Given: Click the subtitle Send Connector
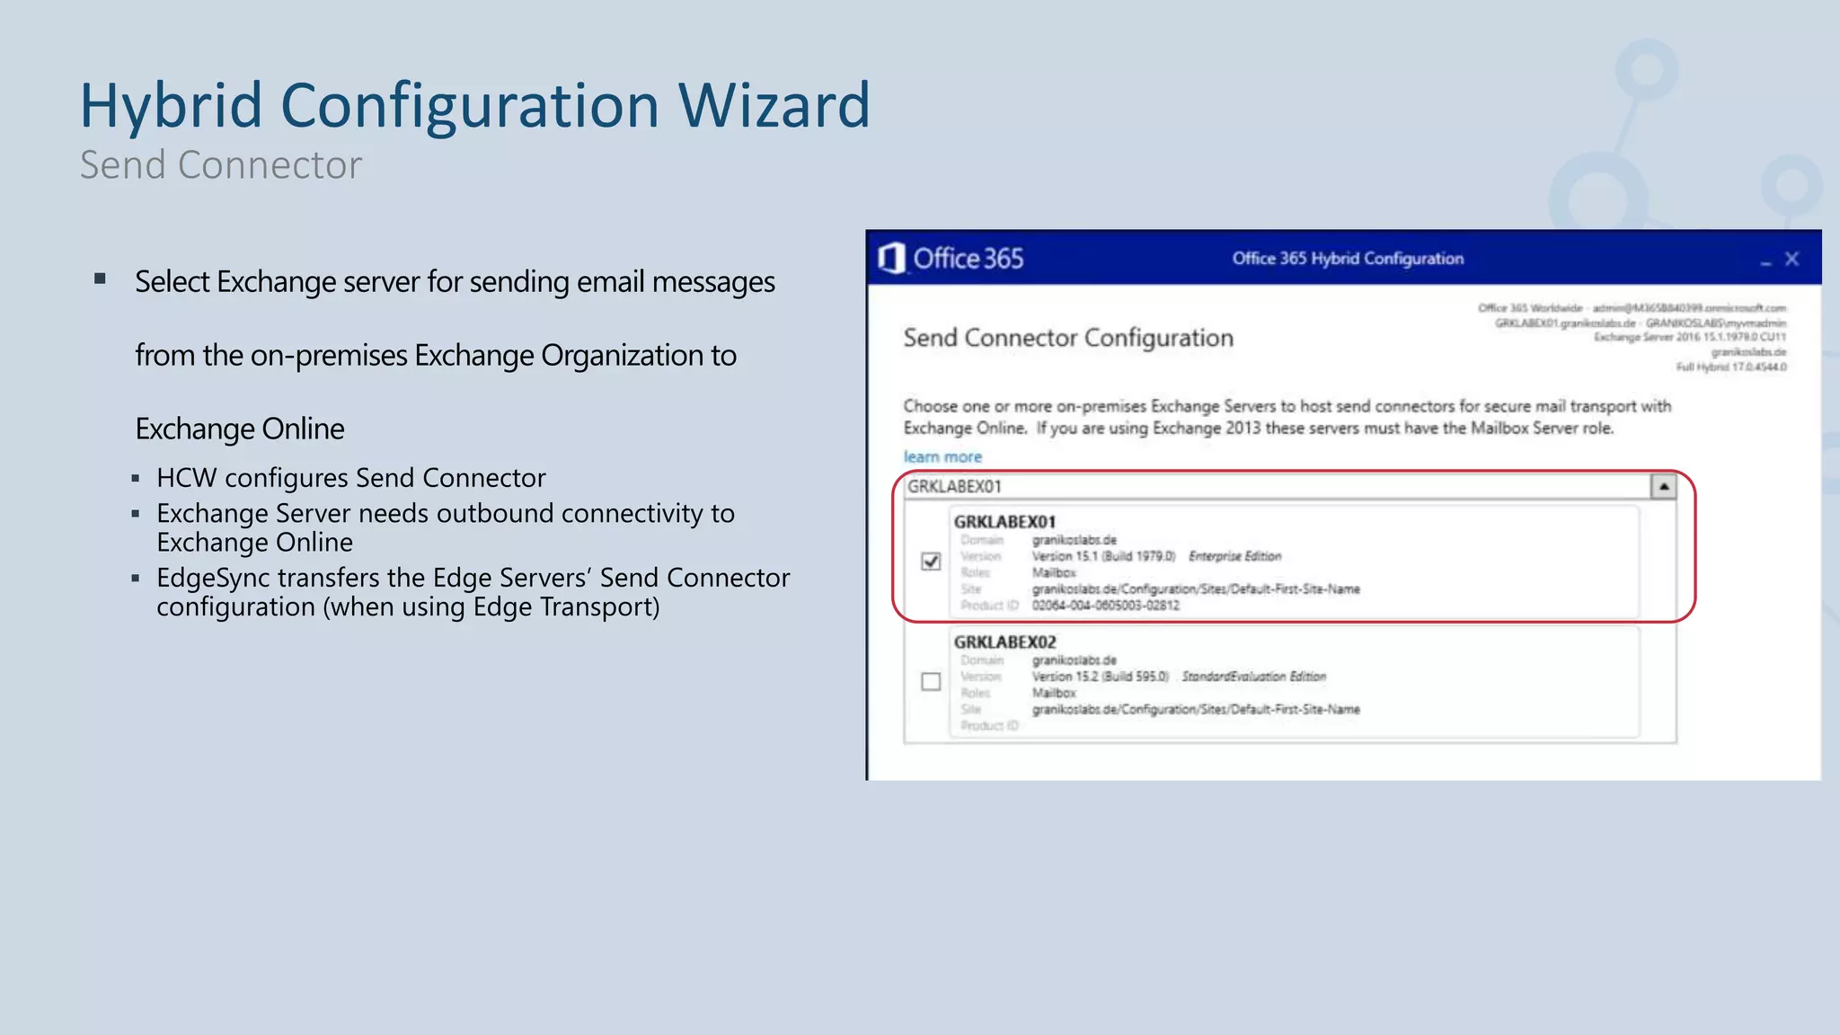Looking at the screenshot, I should coord(221,165).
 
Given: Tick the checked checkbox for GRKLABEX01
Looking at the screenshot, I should coord(931,562).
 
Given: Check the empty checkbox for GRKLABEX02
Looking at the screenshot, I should coord(931,682).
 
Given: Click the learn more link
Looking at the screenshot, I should coord(942,457).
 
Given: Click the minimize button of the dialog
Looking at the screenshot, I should coord(1765,261).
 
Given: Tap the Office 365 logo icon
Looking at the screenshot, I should coord(890,259).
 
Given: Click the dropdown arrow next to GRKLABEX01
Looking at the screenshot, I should coord(1663,486).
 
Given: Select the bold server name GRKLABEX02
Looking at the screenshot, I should coord(1004,642).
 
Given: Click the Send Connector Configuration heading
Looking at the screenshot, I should coord(1068,339).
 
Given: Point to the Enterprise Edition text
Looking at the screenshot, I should coord(1234,557).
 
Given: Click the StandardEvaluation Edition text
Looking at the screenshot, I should coord(1253,677).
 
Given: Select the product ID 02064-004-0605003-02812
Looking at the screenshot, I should coord(1105,606).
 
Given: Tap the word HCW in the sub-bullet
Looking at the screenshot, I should coord(186,478).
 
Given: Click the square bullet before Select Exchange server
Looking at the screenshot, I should coord(101,279).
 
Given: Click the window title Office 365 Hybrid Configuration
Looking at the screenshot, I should coord(1348,259).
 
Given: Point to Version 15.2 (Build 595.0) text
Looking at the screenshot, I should coord(1100,677).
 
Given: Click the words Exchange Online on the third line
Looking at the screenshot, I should coord(240,429).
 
